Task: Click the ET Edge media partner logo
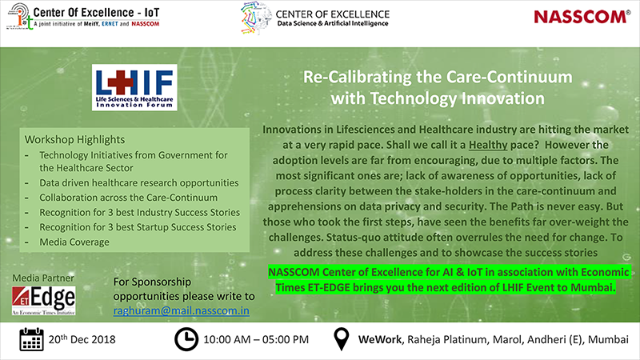coord(44,301)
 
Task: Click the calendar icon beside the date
coord(32,338)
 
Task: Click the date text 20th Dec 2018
coord(82,338)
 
